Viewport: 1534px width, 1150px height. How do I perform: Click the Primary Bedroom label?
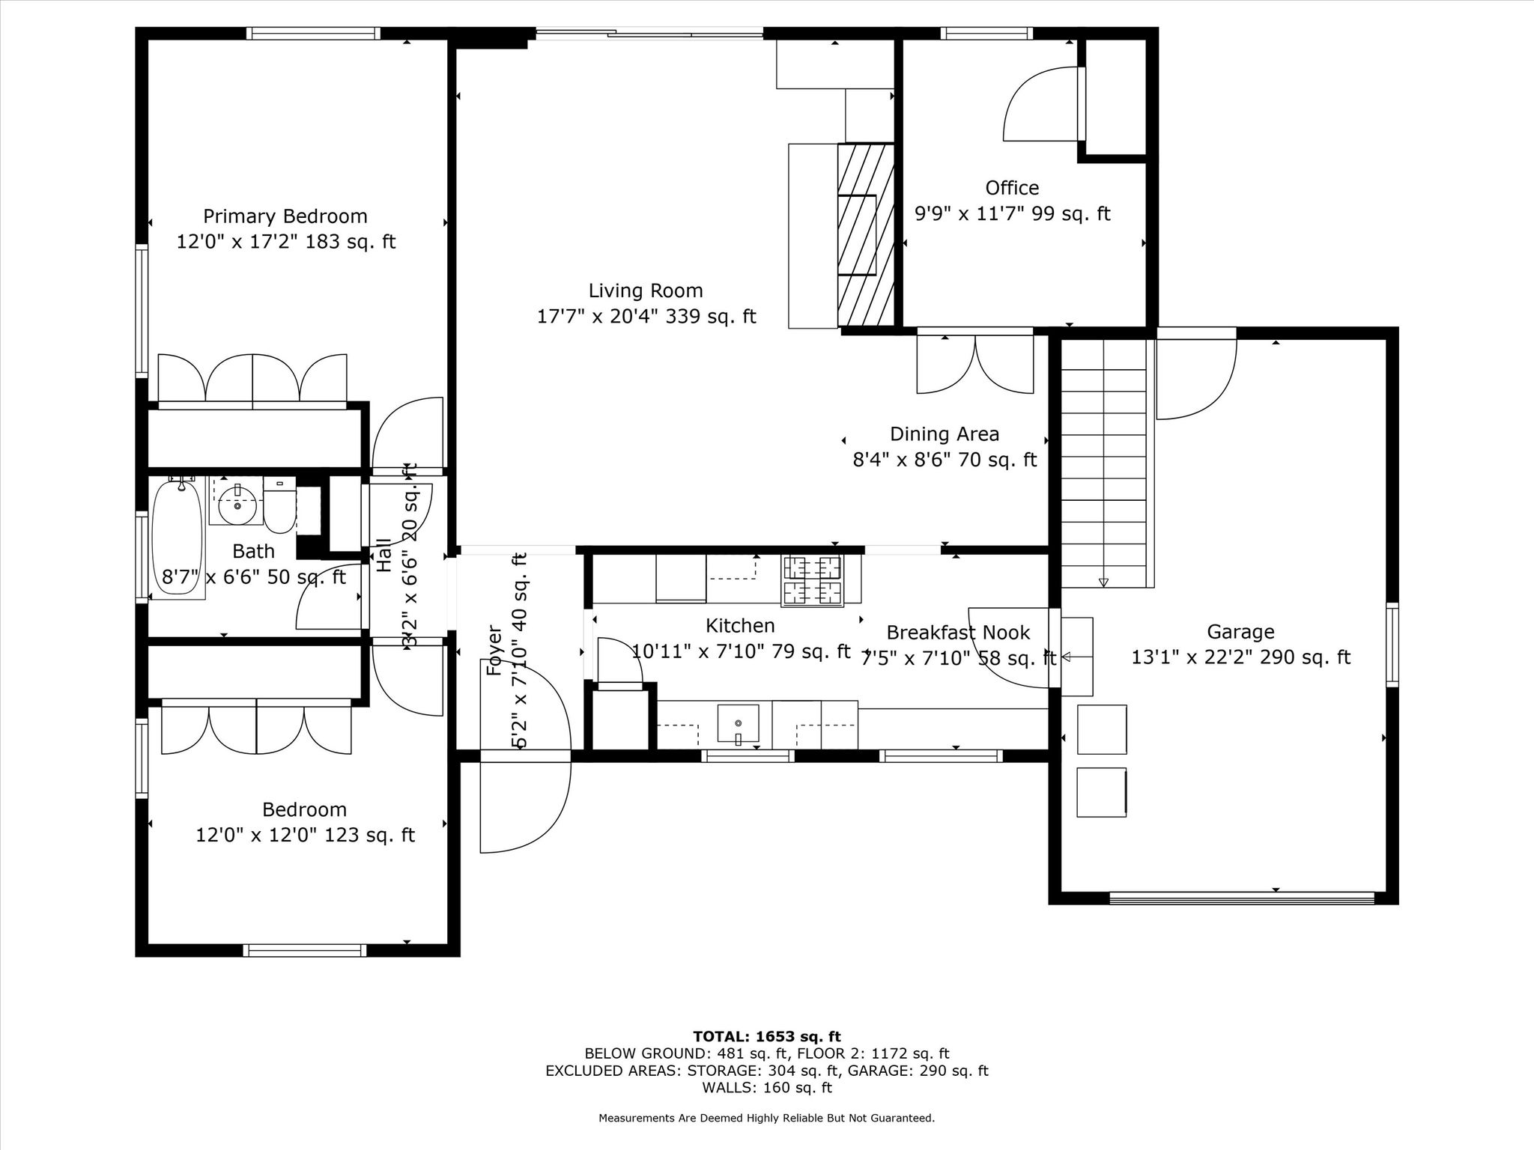285,216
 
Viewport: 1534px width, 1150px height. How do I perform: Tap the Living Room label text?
646,290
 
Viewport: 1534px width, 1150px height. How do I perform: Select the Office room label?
1012,187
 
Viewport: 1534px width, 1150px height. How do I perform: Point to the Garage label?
1240,632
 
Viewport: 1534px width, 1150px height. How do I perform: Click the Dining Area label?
945,434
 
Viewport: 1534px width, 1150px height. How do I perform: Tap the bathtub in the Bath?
178,538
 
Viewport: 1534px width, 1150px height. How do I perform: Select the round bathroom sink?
238,505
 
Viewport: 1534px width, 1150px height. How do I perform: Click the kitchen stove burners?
812,580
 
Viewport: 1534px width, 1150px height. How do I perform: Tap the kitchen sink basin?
738,725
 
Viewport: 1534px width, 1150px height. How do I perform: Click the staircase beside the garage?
1105,463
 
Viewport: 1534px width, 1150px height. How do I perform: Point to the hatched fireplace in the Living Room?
866,235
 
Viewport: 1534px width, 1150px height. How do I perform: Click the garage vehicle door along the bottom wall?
1241,898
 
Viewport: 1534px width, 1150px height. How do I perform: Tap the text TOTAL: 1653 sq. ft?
767,1036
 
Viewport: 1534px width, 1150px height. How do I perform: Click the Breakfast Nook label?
958,633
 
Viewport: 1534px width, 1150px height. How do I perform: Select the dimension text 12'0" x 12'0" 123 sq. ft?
305,835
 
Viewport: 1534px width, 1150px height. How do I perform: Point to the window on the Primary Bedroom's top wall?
313,33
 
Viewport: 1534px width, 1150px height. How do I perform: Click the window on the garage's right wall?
1392,645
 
